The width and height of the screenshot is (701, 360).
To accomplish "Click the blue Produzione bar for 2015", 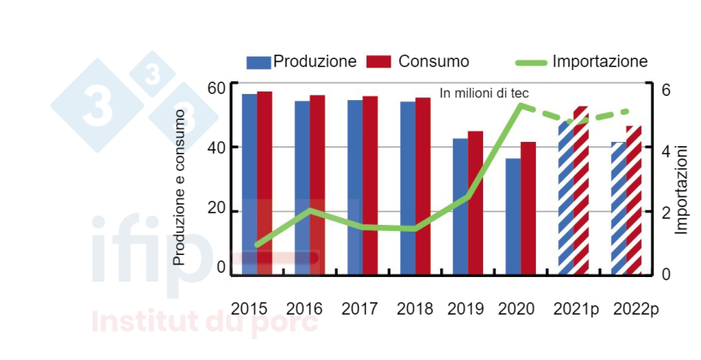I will click(249, 184).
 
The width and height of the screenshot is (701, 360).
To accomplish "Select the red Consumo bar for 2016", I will click(317, 185).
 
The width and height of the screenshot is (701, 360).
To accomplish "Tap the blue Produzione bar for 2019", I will click(460, 206).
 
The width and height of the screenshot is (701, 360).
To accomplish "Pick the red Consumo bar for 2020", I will click(528, 208).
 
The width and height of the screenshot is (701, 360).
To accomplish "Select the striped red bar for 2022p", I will click(633, 200).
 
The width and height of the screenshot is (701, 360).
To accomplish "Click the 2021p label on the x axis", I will click(574, 308).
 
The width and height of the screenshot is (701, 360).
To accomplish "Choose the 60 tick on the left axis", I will click(215, 88).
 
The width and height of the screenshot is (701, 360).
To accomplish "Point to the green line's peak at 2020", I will click(521, 106).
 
